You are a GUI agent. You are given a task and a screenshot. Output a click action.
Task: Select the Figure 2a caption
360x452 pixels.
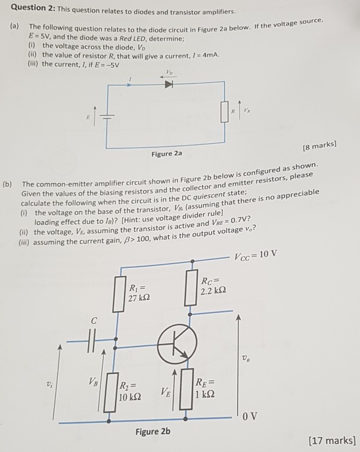(166, 153)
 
